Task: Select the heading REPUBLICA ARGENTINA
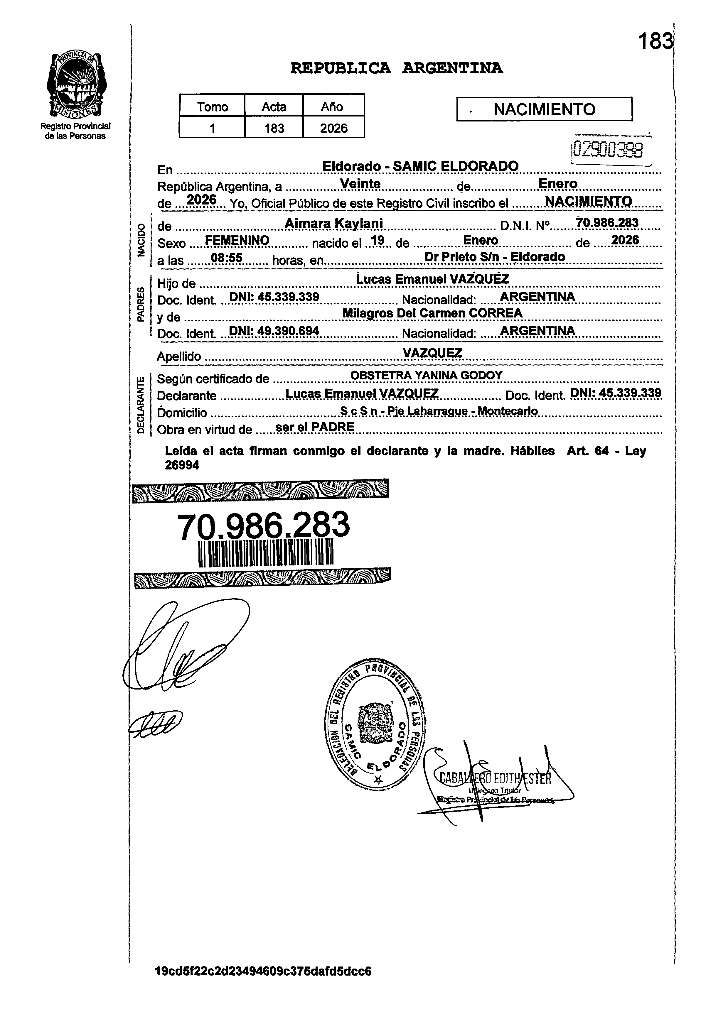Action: [396, 69]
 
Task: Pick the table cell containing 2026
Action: [333, 128]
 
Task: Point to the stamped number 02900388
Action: [608, 150]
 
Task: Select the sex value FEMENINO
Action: [237, 241]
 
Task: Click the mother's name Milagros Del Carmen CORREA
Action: [432, 313]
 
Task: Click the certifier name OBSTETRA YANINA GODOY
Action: [426, 375]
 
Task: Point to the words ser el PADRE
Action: [315, 427]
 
